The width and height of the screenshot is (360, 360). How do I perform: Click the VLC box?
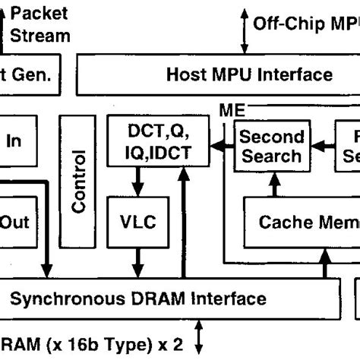pyautogui.click(x=137, y=222)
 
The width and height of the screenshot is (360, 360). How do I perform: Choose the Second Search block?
pyautogui.click(x=271, y=146)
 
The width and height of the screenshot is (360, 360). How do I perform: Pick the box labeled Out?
pyautogui.click(x=15, y=222)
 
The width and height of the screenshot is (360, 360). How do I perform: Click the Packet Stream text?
pyautogui.click(x=42, y=24)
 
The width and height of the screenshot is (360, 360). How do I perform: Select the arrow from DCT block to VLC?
pyautogui.click(x=137, y=183)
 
